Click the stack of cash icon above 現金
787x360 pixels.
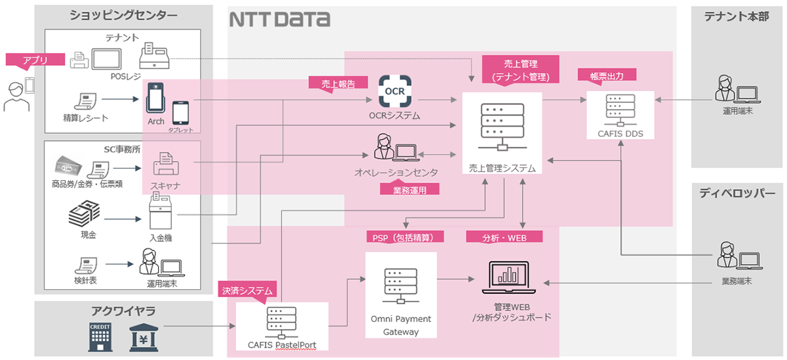coord(84,216)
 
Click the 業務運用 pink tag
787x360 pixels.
coord(409,190)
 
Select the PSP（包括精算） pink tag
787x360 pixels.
coord(405,236)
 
